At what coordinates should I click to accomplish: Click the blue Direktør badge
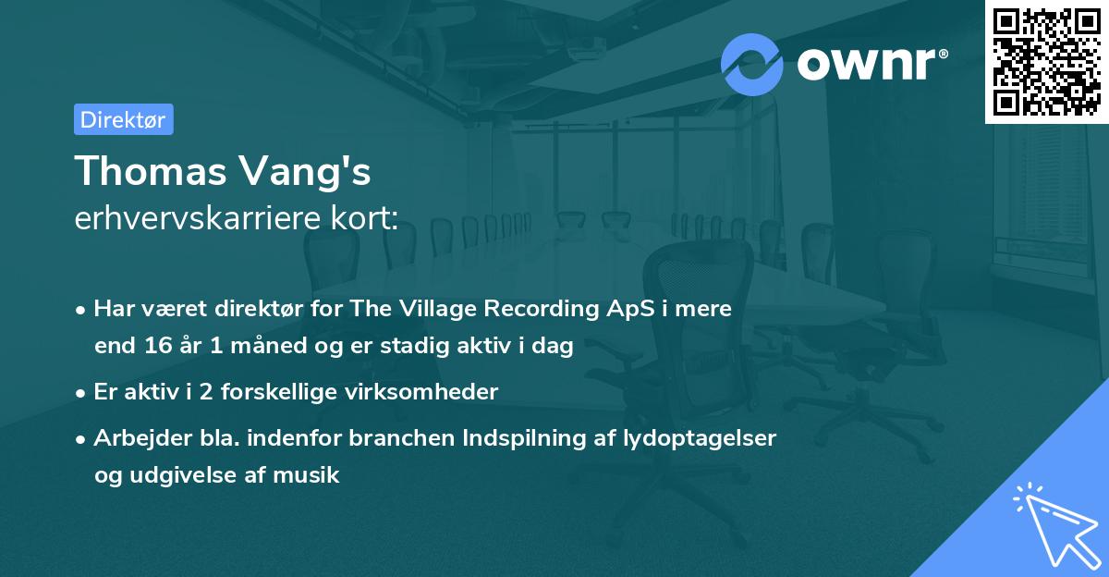coord(123,119)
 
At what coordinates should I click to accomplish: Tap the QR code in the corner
coord(1046,61)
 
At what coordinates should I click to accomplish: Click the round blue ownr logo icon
coord(752,65)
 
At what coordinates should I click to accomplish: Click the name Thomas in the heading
coord(147,171)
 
